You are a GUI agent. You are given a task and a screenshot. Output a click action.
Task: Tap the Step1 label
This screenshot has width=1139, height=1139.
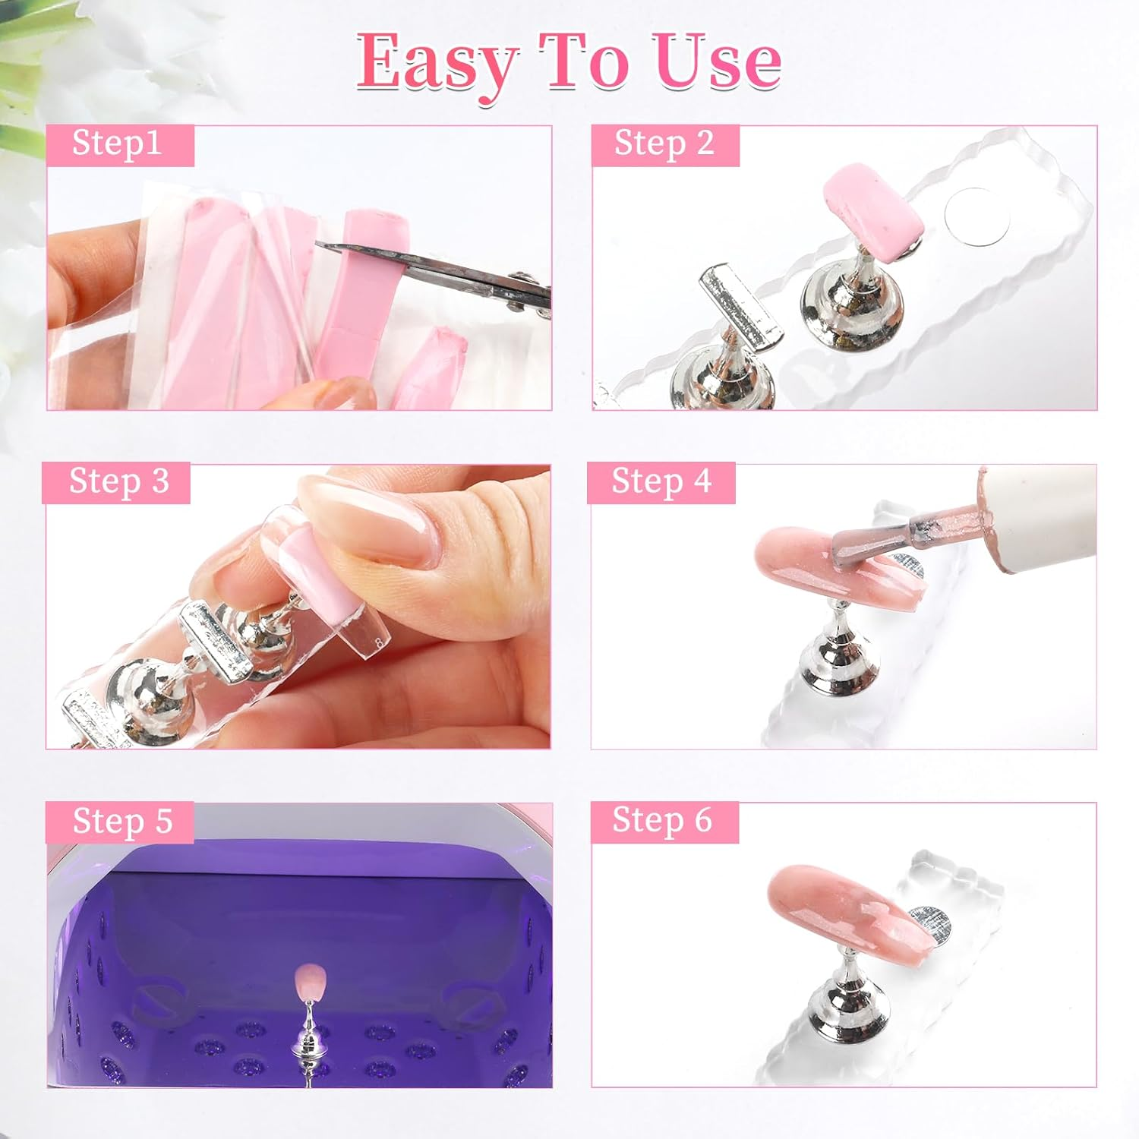[117, 144]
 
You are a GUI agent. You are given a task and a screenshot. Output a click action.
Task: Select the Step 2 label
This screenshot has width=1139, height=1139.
[664, 144]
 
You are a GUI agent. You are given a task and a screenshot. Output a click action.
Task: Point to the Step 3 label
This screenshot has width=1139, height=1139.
[118, 481]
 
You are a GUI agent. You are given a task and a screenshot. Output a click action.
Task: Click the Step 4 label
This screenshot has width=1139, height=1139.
[661, 481]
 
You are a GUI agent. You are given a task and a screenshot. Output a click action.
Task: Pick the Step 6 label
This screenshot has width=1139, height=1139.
[661, 821]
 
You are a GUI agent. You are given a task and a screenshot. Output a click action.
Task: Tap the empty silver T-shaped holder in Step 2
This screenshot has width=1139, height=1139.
[740, 304]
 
